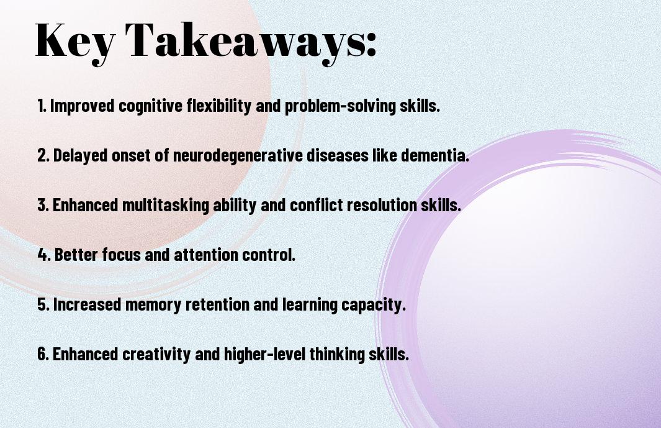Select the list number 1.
pos(42,106)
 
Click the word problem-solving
pos(341,106)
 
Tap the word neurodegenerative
pos(238,156)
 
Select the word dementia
pos(434,155)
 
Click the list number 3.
pos(43,205)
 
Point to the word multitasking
pos(166,205)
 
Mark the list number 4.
pos(44,255)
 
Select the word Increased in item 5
pos(87,304)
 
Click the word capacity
pos(373,305)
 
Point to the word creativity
pos(156,353)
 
